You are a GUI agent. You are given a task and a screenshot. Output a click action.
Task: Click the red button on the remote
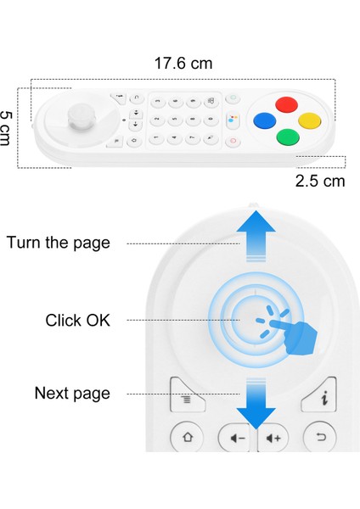point(288,104)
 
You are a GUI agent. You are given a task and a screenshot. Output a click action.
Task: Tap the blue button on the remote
point(267,120)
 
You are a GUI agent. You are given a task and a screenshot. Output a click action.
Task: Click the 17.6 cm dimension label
point(183,63)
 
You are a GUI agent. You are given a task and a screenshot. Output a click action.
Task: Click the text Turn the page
point(59,243)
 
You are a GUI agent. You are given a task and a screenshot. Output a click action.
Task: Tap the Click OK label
point(77,321)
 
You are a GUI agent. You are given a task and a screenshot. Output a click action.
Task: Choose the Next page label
point(72,394)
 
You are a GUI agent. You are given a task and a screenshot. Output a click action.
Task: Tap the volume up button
point(273,439)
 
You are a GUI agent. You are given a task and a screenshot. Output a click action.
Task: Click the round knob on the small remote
point(81,114)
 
